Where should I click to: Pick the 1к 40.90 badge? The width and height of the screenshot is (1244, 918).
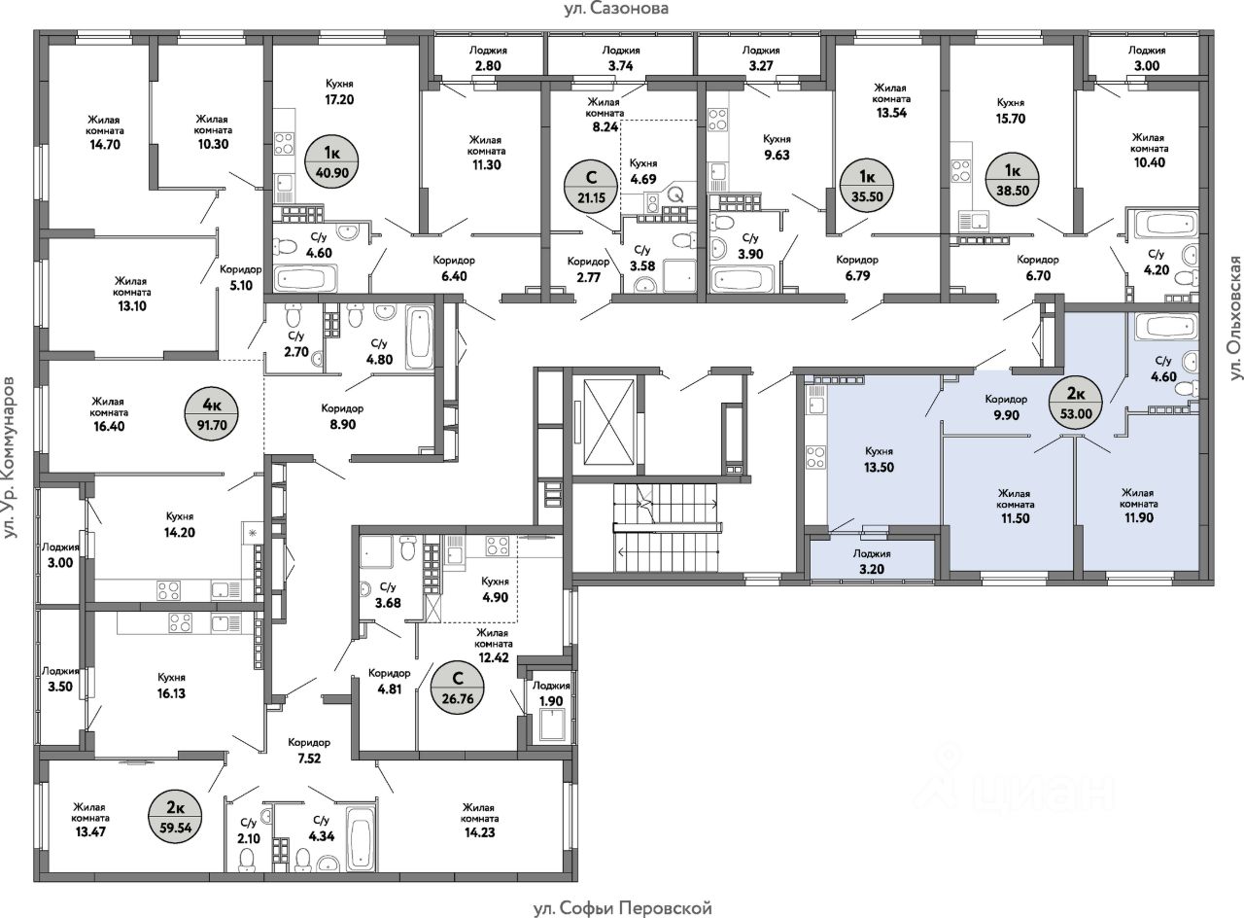click(x=332, y=162)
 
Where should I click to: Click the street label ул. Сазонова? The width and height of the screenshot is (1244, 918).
click(x=616, y=10)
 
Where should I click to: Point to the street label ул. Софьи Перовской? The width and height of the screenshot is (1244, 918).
click(x=623, y=908)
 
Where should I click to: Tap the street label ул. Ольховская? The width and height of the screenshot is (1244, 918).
click(x=1234, y=318)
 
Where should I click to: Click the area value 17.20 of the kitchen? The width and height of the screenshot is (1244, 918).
click(x=339, y=100)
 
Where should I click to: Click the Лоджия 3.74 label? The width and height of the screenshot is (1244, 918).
click(x=621, y=57)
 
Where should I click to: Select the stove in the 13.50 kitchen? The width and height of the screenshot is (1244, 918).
click(x=815, y=457)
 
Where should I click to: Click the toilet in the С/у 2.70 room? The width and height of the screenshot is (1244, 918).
click(x=294, y=317)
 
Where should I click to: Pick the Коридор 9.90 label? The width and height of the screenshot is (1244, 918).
click(x=1006, y=406)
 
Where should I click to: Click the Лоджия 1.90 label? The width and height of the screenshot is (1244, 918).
click(x=551, y=693)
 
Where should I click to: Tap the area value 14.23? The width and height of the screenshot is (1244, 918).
click(x=480, y=832)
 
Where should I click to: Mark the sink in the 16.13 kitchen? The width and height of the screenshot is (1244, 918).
click(x=227, y=623)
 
